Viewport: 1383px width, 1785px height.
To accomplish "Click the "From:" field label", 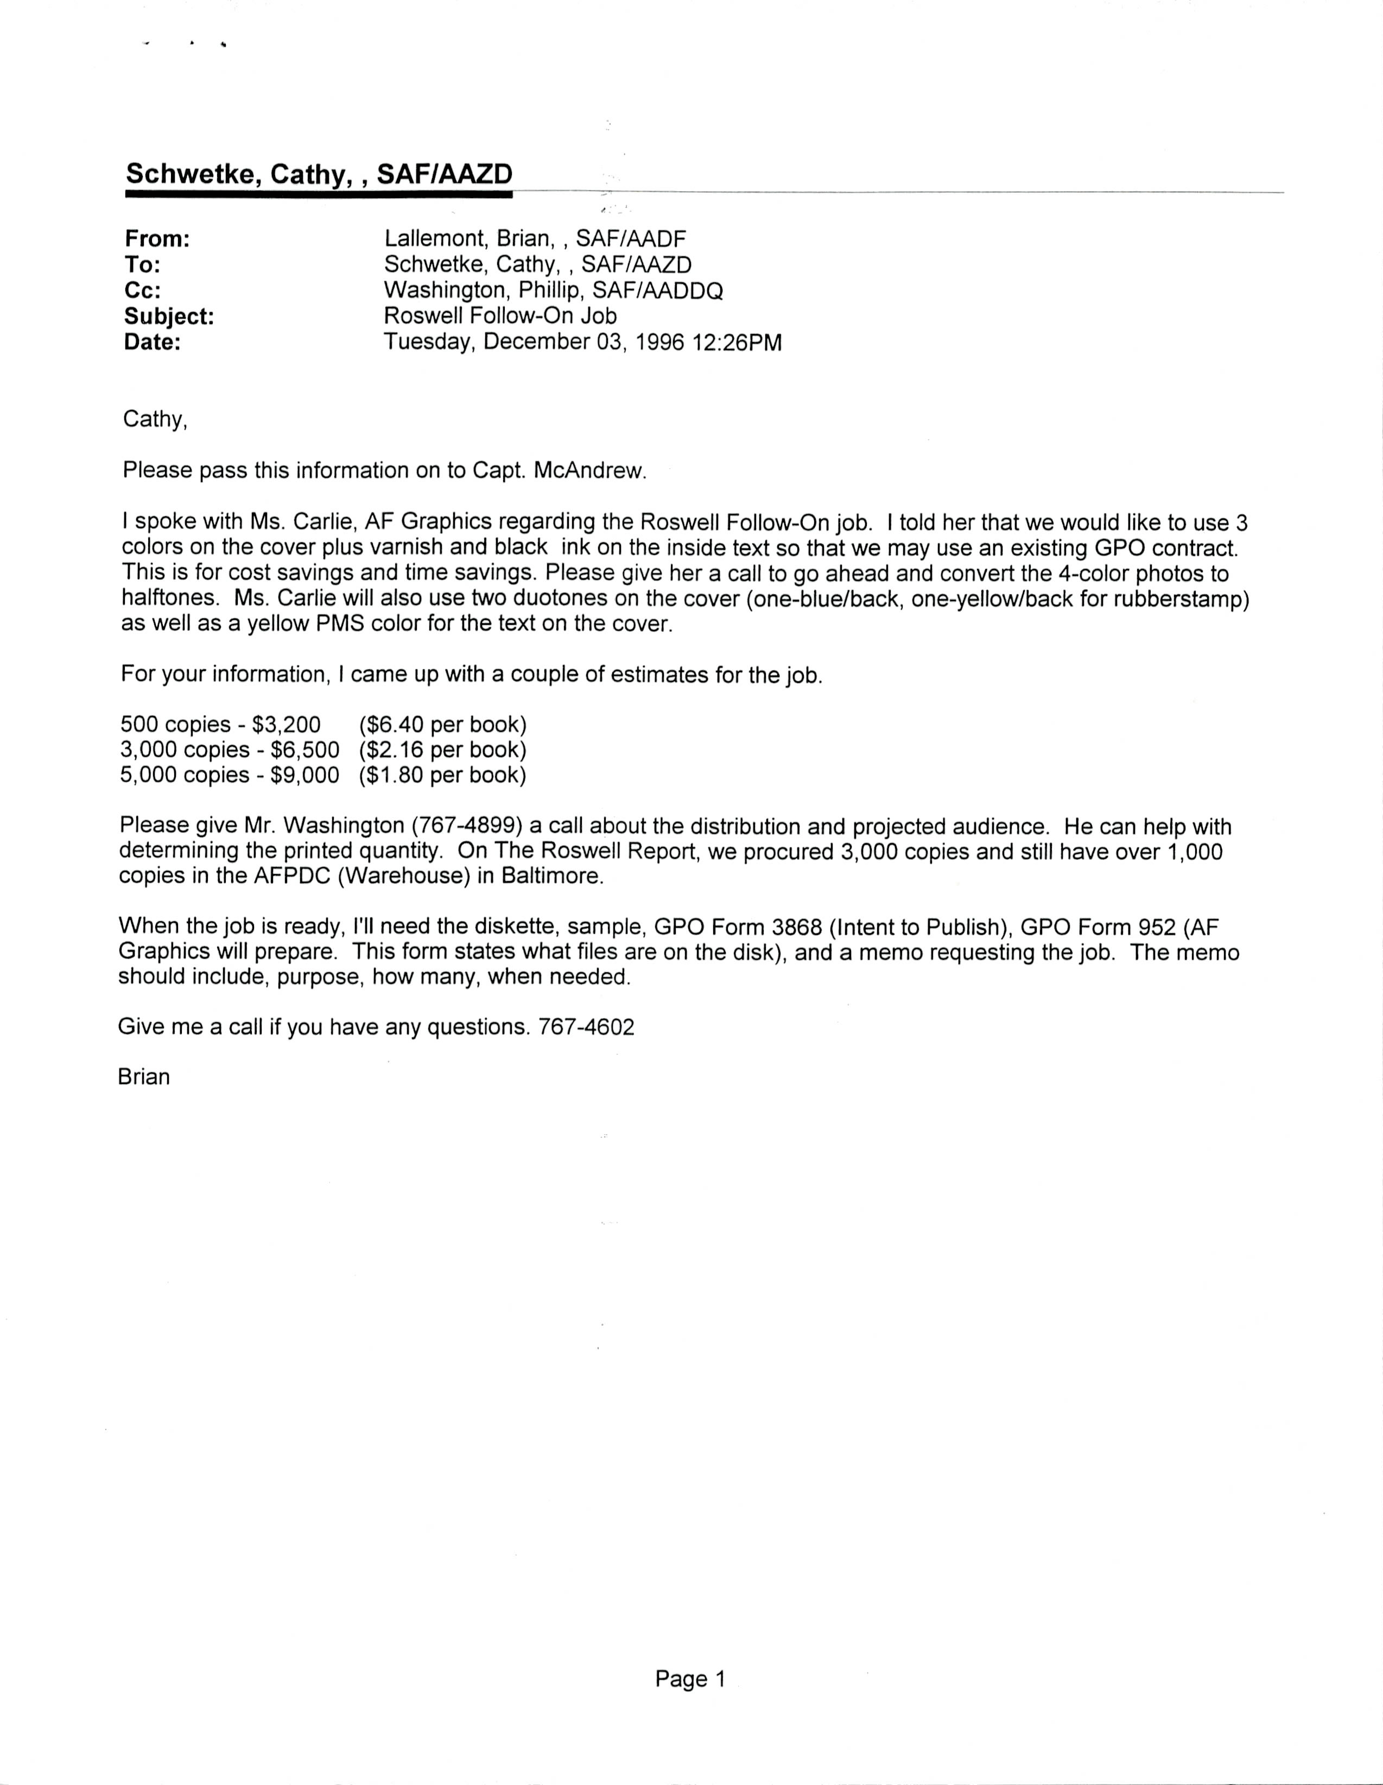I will pos(157,239).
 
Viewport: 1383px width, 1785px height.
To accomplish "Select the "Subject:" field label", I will pos(169,317).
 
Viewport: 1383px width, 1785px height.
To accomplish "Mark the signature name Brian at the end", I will pos(144,1077).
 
